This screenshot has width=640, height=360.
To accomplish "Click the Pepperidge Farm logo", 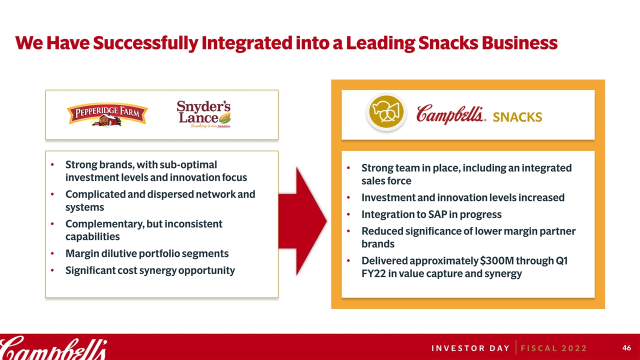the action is point(107,114).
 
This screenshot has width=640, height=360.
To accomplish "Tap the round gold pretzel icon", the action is point(386,111).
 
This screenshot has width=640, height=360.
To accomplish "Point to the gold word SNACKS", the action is point(517,117).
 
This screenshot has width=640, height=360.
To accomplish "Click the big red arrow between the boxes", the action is point(302,221).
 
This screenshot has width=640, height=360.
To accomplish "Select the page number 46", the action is point(626,347).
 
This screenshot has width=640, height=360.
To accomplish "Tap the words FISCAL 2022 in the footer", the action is point(553,348).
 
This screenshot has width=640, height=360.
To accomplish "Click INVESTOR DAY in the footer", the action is point(470,348).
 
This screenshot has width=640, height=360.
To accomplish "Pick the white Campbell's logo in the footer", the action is point(53,347).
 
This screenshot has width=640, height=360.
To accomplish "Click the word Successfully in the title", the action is point(145,43).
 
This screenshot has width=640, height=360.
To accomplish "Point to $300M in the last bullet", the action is point(497,260).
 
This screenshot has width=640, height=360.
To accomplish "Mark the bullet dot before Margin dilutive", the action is point(52,253).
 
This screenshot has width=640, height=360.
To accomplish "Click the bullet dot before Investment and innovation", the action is point(348,197).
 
